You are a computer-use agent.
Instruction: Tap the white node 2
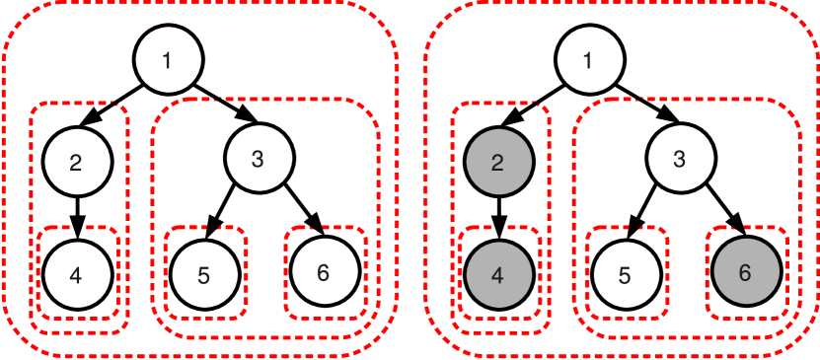(77, 163)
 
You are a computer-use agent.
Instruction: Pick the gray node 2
(498, 163)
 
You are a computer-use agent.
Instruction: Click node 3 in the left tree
(259, 158)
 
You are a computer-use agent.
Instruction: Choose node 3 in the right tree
(680, 158)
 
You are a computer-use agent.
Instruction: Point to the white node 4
(77, 274)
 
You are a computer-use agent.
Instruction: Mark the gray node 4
(498, 274)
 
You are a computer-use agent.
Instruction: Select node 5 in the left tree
(204, 274)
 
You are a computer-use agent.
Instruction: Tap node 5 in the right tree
(626, 274)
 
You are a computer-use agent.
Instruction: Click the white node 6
(324, 272)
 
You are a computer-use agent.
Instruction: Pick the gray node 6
(745, 272)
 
